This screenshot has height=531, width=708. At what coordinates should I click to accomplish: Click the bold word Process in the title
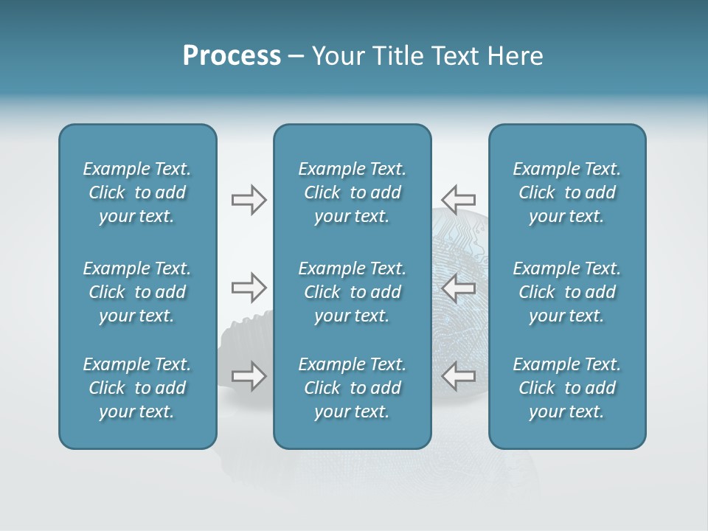coord(232,56)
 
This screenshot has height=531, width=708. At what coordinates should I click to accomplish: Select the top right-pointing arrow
coord(249,200)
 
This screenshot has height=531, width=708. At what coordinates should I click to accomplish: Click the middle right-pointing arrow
coord(249,287)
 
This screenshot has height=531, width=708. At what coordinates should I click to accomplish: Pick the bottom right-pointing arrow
coord(249,375)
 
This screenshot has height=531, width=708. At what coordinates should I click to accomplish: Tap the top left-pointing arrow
coord(458,199)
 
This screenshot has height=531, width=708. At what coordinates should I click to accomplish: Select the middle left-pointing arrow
coord(458,287)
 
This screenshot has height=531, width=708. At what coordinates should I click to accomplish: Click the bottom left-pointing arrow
coord(458,375)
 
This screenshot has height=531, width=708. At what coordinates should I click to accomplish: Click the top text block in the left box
coord(137,192)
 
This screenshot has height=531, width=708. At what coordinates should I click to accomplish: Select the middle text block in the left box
coord(137,292)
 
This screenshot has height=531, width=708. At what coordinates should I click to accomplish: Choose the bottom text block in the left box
coord(137,388)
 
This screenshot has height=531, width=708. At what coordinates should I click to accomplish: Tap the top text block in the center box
coord(352,192)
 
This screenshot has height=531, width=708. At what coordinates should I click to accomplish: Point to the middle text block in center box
coord(352,292)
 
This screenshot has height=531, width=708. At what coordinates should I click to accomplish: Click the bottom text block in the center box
coord(352,388)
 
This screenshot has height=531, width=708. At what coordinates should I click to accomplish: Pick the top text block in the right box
coord(566,192)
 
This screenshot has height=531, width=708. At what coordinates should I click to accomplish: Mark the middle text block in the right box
coord(566,292)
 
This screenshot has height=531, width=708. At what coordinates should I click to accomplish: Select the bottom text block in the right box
coord(566,388)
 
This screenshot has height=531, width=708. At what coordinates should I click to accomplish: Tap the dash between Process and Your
coord(296,58)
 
